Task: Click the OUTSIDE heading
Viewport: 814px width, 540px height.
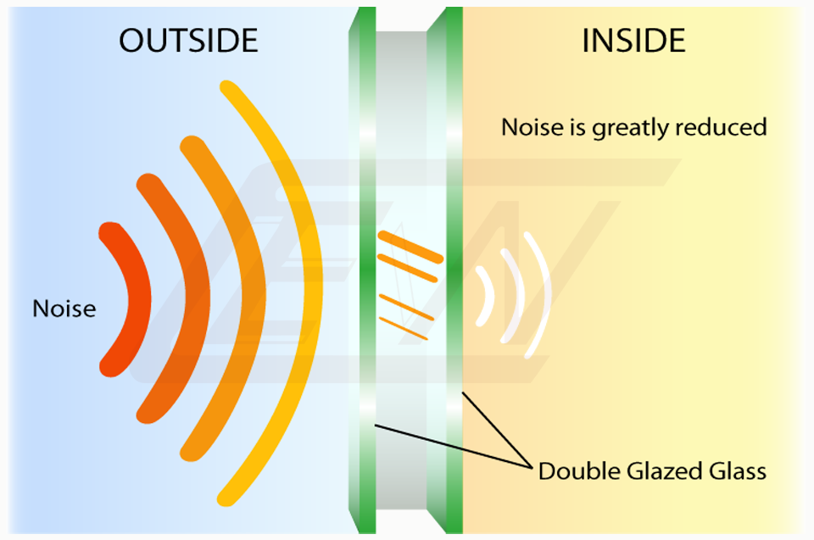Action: coord(188,41)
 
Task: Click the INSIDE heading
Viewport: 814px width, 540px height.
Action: coord(634,41)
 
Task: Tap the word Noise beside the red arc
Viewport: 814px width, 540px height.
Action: coord(64,309)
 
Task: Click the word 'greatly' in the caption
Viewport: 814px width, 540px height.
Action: coord(631,128)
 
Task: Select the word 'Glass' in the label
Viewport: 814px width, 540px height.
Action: coord(738,471)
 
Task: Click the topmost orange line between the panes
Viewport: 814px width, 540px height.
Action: coord(410,248)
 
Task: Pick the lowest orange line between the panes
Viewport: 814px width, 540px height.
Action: coord(404,329)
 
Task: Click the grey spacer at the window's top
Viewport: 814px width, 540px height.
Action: coord(401,78)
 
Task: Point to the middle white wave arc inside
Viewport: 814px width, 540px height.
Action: coord(515,296)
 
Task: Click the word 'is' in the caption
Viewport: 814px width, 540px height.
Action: coord(577,126)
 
